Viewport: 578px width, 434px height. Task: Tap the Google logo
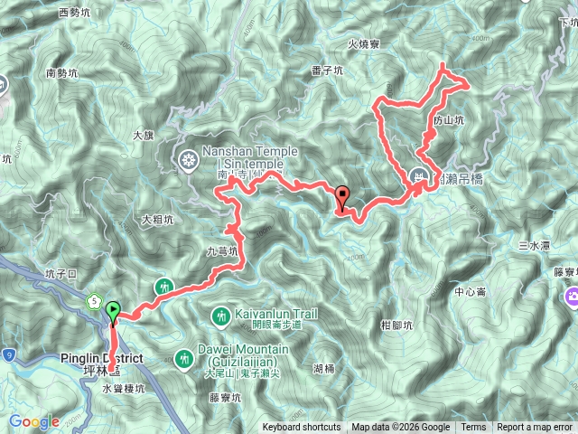point(33,421)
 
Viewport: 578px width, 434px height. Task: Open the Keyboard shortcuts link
point(302,428)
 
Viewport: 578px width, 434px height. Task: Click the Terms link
point(473,428)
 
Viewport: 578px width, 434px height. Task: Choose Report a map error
point(535,428)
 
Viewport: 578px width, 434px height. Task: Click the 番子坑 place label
point(325,70)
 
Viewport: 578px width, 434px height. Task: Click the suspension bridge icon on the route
point(418,176)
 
